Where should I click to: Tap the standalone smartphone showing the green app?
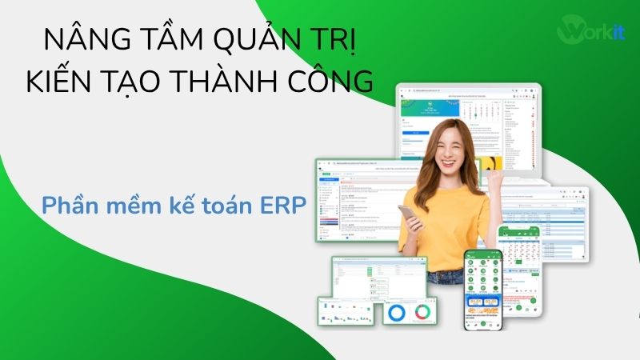[x=484, y=288]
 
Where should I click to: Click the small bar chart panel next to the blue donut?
[x=348, y=311]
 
